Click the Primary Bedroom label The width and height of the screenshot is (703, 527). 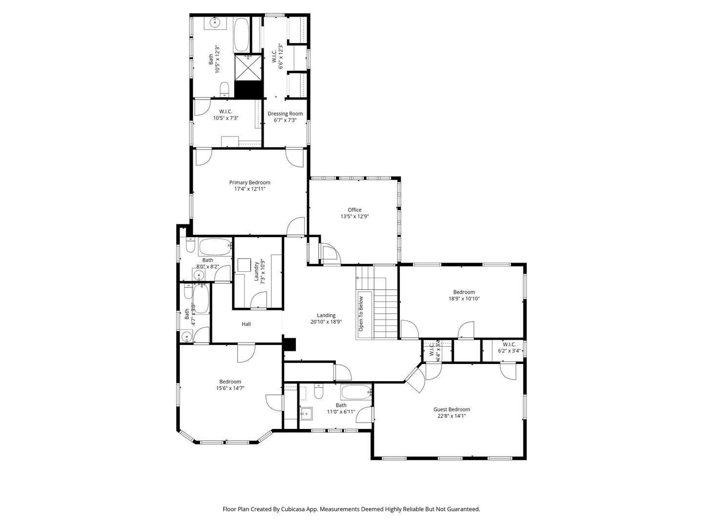pos(249,182)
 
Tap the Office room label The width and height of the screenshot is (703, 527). pos(354,210)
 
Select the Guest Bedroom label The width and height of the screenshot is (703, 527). pos(452,409)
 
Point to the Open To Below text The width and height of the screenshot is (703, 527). pos(361,314)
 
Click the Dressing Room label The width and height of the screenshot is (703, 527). pos(285,114)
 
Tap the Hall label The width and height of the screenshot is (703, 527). pos(247,324)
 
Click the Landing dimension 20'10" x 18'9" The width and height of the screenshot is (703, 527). pos(326,322)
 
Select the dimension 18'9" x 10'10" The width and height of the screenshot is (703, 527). pos(464,299)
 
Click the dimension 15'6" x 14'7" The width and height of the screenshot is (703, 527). pos(230,388)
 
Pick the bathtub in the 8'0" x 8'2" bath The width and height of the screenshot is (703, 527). pos(215,247)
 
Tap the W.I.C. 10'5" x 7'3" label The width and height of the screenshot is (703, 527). pos(225,114)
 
